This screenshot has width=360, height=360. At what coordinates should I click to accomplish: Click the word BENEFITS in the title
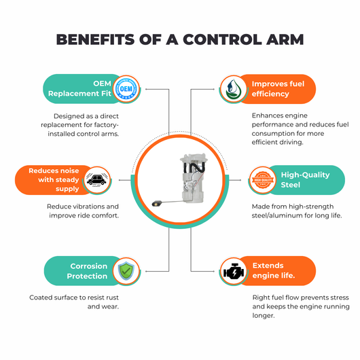point(95,39)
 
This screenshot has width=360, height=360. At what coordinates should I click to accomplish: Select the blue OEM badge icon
point(126,88)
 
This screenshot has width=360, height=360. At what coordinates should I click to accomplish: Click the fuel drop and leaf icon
point(233,88)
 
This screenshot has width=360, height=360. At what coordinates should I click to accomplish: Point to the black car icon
point(96,179)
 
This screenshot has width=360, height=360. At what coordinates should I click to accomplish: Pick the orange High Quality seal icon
point(263,180)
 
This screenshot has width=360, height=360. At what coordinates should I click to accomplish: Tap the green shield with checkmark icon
point(126,271)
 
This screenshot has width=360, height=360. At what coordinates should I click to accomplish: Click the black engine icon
point(234,271)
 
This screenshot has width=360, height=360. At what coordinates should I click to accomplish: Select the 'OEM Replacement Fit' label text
point(79,88)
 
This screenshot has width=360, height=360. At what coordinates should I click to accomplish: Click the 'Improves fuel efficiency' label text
point(278,89)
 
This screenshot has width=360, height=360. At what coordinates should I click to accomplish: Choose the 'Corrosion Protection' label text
point(87,271)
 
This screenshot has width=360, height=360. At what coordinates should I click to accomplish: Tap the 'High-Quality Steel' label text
point(305,180)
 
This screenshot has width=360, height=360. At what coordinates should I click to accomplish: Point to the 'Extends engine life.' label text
point(274,270)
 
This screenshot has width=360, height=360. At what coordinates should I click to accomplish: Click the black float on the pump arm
point(157,203)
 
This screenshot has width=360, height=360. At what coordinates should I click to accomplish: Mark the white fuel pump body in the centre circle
point(194,179)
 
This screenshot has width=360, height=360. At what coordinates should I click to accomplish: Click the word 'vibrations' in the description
point(87,206)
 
